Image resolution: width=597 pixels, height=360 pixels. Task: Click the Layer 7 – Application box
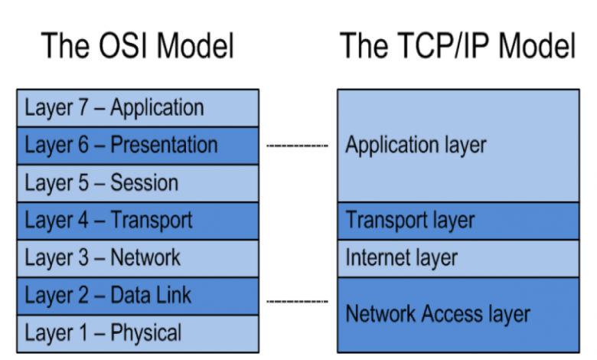coord(138,107)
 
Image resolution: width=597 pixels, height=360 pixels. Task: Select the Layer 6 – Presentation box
coord(138,145)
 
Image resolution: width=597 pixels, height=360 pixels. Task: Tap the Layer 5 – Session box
coord(138,183)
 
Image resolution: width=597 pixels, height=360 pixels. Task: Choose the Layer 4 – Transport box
coord(138,221)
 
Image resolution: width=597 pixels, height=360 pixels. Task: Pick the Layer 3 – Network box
coord(138,258)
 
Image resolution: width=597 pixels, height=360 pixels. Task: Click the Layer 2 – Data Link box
coord(138,296)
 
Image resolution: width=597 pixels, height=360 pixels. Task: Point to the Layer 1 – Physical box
coord(138,333)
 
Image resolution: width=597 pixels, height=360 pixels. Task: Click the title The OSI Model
coord(138,46)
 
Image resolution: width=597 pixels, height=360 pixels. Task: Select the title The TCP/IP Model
coord(458,46)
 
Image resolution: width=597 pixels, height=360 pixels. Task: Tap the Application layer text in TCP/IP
coord(416,145)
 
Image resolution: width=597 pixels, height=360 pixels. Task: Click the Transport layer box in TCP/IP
coord(458,221)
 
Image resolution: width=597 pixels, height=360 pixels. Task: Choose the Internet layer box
coord(458,258)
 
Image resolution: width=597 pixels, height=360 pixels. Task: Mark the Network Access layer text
coord(438,313)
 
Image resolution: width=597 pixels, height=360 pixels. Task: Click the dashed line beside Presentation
coord(297,145)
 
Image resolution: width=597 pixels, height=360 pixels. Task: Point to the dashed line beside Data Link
coord(297,300)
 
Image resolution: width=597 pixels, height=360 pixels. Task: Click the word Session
coord(145,183)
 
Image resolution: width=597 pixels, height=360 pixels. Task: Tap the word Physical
coord(146,333)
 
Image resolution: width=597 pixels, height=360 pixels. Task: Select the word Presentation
coord(164,145)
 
